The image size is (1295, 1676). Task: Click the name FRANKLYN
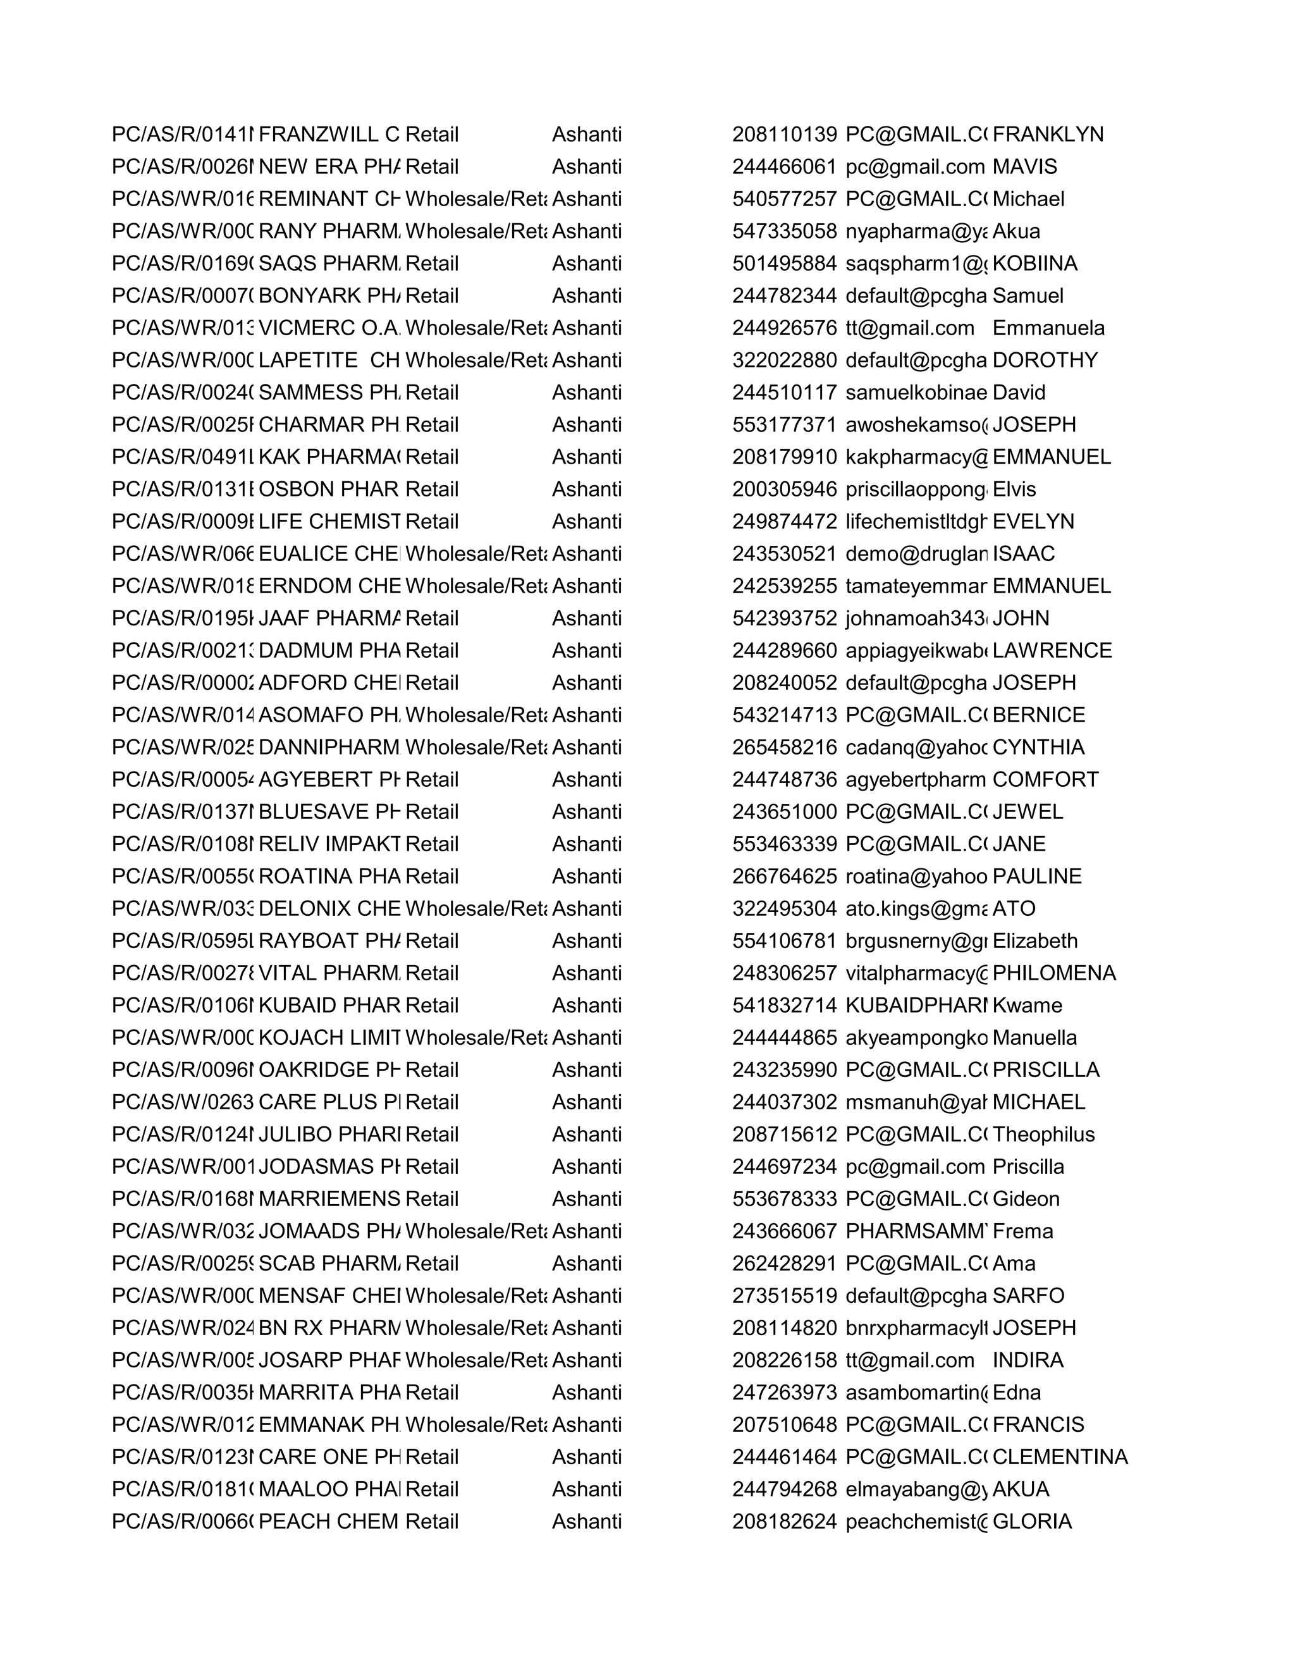pyautogui.click(x=1047, y=134)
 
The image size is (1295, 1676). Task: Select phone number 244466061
pyautogui.click(x=784, y=166)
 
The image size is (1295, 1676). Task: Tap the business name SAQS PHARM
pyautogui.click(x=329, y=263)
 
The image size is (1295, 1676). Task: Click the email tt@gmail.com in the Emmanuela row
pyautogui.click(x=910, y=328)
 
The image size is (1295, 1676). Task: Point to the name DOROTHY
pyautogui.click(x=1045, y=360)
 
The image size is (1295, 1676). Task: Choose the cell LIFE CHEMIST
pyautogui.click(x=329, y=521)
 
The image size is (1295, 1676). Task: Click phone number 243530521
pyautogui.click(x=784, y=553)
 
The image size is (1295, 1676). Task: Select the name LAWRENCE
pyautogui.click(x=1052, y=650)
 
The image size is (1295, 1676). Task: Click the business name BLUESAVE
pyautogui.click(x=329, y=811)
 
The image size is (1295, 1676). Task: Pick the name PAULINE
pyautogui.click(x=1036, y=875)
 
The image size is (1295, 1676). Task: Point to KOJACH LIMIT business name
pyautogui.click(x=329, y=1037)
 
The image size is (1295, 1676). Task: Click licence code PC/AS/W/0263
pyautogui.click(x=183, y=1101)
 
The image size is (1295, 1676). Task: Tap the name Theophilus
pyautogui.click(x=1043, y=1133)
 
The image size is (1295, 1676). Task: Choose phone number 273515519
pyautogui.click(x=784, y=1295)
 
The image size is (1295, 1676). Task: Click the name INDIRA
pyautogui.click(x=1028, y=1359)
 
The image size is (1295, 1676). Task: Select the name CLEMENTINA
pyautogui.click(x=1060, y=1456)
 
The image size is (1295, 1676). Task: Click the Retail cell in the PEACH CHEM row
pyautogui.click(x=431, y=1520)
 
